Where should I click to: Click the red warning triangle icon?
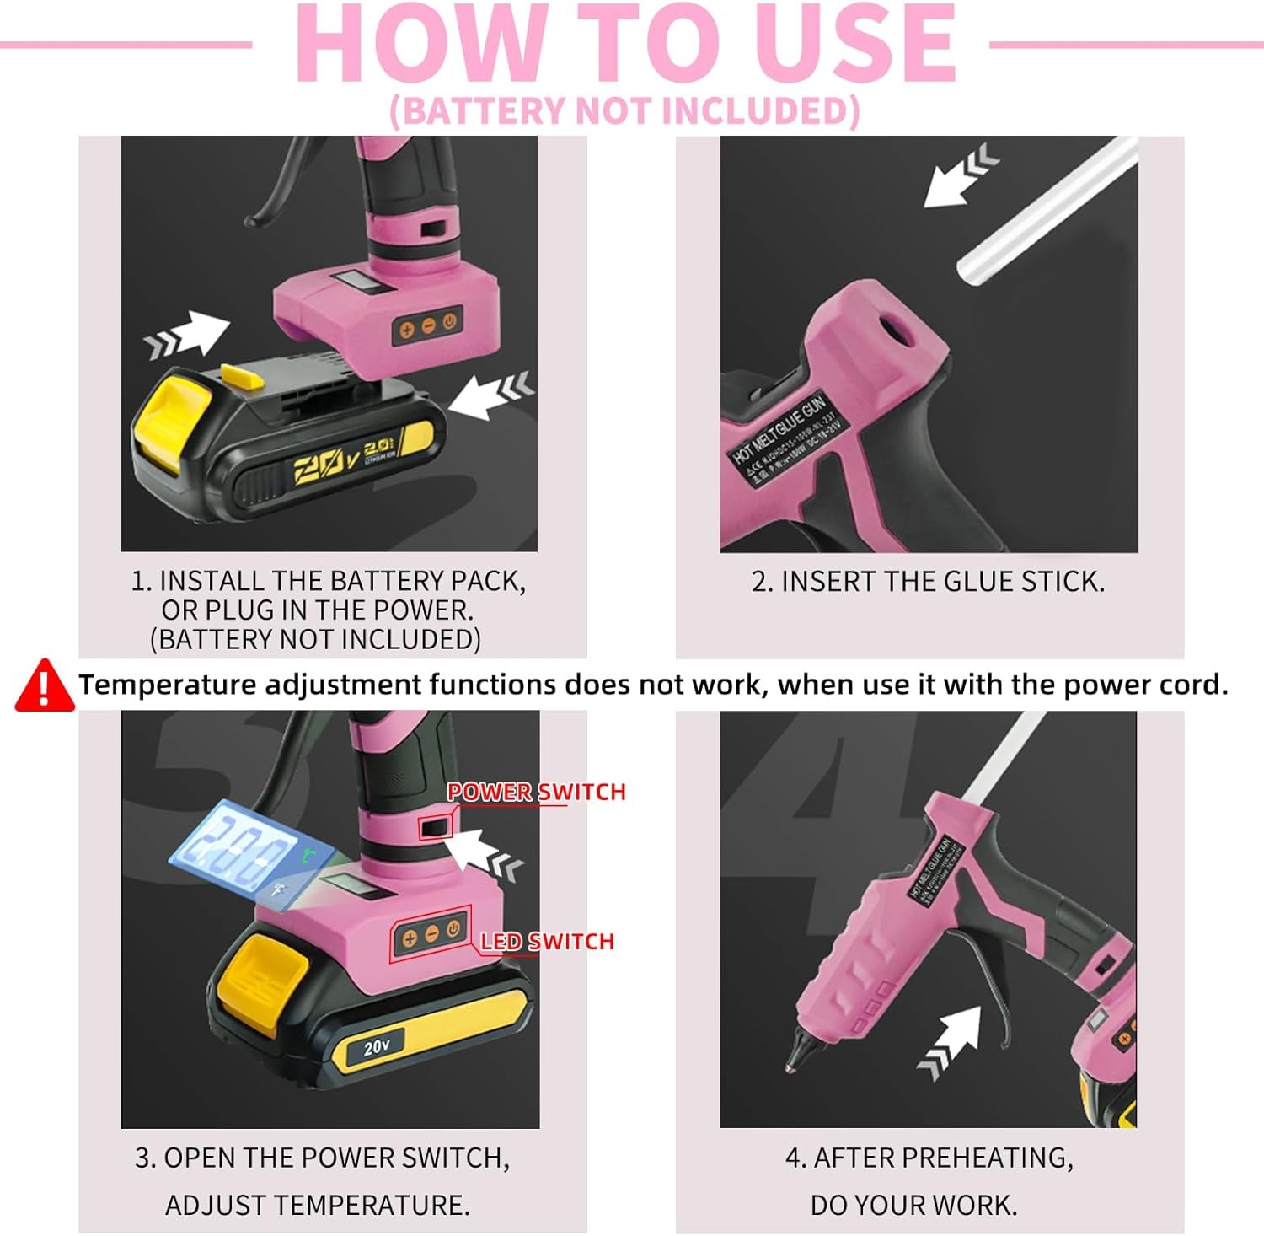pos(44,685)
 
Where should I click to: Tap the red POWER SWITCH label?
pos(536,792)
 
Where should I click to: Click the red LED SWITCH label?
pos(547,942)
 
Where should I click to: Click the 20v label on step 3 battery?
pos(377,1046)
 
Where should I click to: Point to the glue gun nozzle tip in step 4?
pos(793,1064)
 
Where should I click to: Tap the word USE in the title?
pos(854,44)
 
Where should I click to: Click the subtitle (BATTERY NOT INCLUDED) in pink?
pos(624,111)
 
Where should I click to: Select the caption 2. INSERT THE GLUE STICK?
pos(928,582)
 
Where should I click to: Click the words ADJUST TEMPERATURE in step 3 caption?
pos(317,1205)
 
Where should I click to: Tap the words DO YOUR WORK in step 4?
pos(913,1205)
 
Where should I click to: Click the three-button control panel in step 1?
pos(427,326)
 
